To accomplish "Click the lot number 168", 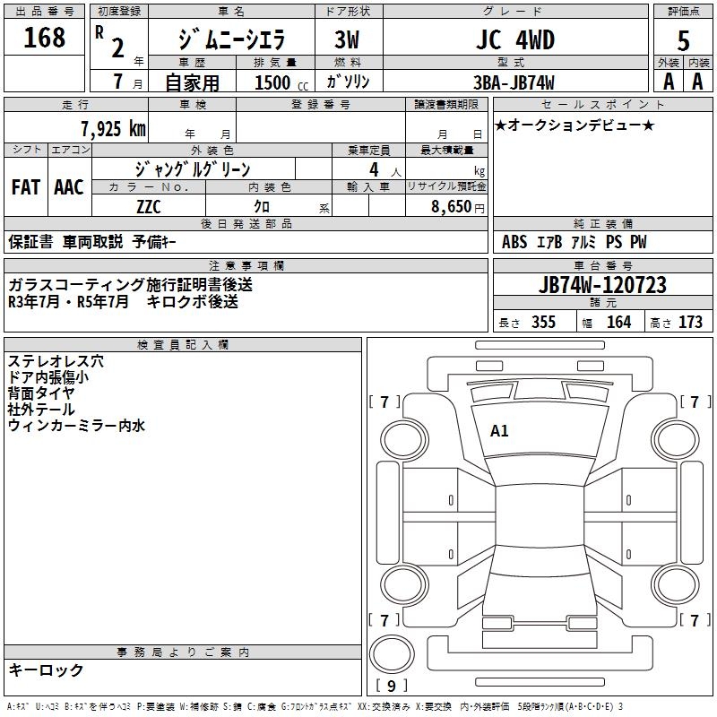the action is point(45,38).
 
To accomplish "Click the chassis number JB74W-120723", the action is point(603,285).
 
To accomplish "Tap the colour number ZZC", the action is point(149,207).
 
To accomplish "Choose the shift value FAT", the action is point(25,187).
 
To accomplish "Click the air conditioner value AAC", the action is point(69,187).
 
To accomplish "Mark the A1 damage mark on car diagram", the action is point(499,431).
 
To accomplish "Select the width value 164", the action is point(618,323).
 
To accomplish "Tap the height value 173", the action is point(690,323).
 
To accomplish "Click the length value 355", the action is point(543,323).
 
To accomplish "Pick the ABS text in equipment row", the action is point(514,242).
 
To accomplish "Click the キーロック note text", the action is point(47,669).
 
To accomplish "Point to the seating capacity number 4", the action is point(372,169).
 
